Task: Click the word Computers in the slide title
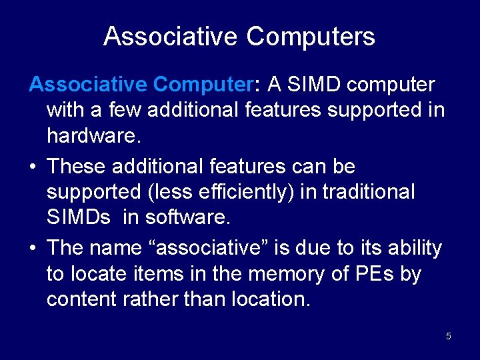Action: click(x=311, y=36)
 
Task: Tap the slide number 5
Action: click(x=449, y=336)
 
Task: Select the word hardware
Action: click(x=92, y=137)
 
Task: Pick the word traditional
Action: click(x=368, y=191)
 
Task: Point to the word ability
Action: click(x=415, y=248)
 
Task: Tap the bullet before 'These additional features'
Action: click(x=33, y=166)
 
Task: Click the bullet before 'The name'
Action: click(x=33, y=248)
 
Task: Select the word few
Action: click(x=126, y=110)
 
